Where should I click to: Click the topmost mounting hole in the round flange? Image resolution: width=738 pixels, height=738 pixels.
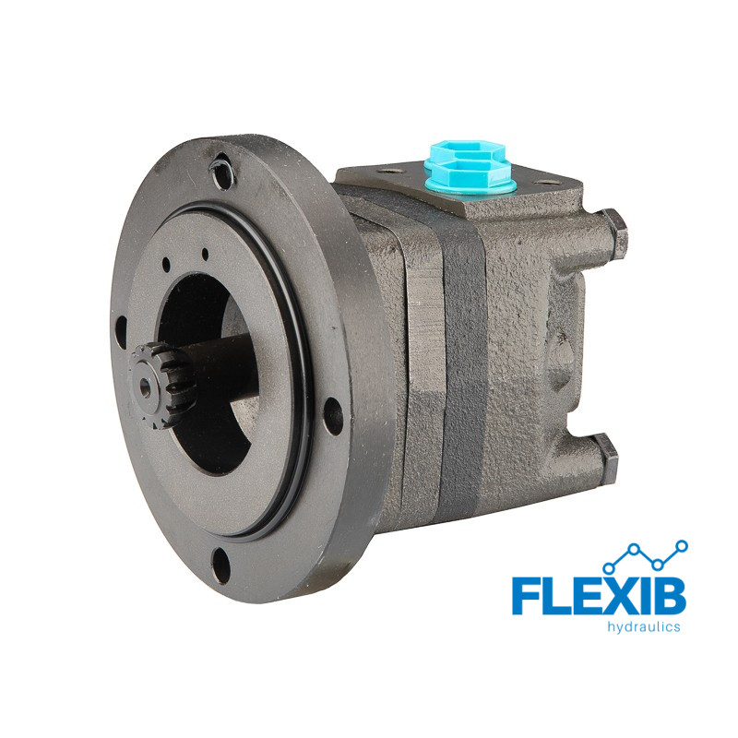[x=222, y=173]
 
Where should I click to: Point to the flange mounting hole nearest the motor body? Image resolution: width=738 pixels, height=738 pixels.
[x=333, y=416]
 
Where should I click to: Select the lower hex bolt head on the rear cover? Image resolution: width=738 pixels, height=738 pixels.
[x=606, y=453]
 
